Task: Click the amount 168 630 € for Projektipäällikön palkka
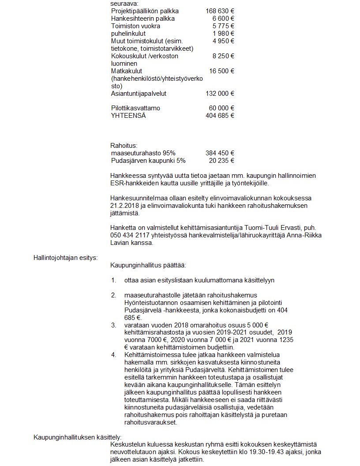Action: pos(220,11)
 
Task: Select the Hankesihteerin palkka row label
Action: pos(143,19)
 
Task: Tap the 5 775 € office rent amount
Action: pos(223,26)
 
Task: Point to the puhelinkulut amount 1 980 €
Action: pos(223,34)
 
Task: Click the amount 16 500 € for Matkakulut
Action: pos(221,71)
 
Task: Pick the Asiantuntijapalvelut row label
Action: pos(139,94)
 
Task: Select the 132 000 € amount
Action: pos(220,94)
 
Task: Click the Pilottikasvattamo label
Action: pos(135,108)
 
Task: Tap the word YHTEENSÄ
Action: pos(128,116)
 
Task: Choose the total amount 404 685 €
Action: pos(220,116)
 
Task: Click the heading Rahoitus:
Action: pos(124,145)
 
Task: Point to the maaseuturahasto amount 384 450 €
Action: pos(220,153)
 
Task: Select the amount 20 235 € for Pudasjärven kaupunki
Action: pos(221,161)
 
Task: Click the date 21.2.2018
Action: pos(124,205)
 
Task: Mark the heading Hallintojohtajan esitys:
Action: pos(65,258)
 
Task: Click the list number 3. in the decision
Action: pos(114,325)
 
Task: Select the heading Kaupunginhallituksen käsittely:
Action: pos(75,437)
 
